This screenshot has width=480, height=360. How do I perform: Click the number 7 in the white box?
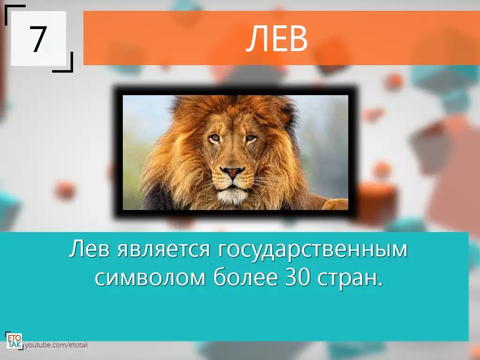point(38,39)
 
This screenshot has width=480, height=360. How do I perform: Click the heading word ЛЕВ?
point(277,38)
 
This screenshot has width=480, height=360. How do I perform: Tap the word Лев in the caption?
point(89,248)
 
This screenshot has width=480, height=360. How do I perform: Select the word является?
point(164,249)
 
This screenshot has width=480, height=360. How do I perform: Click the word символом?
point(150,278)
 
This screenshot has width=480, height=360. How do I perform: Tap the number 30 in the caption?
point(297,277)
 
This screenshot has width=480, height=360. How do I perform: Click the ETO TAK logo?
point(14,341)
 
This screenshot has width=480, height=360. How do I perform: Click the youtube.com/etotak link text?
point(56,345)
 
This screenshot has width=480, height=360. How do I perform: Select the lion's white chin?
point(232,196)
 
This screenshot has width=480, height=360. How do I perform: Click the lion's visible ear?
point(286,116)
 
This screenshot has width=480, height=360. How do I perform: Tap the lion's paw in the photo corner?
point(336,204)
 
